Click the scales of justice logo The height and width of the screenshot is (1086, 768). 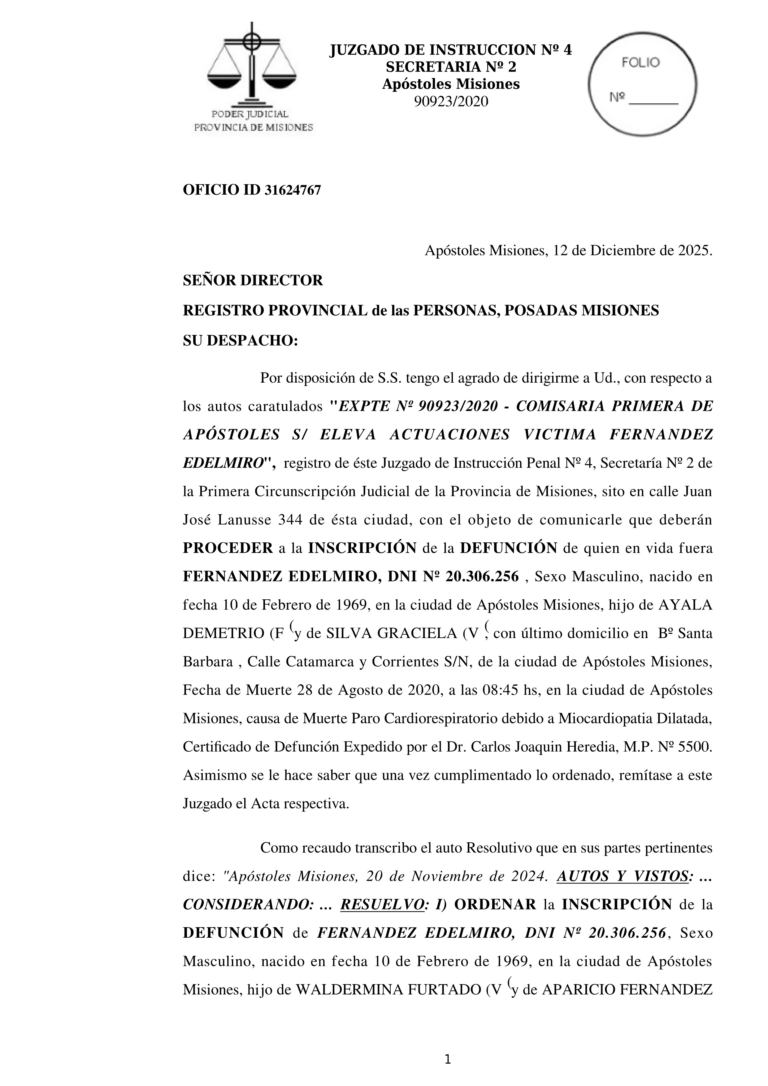tap(252, 66)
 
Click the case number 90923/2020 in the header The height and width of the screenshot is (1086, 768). tap(451, 102)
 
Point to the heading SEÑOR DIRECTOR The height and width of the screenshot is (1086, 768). tap(253, 280)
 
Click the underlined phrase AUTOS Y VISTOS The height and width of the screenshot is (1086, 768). tap(622, 876)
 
